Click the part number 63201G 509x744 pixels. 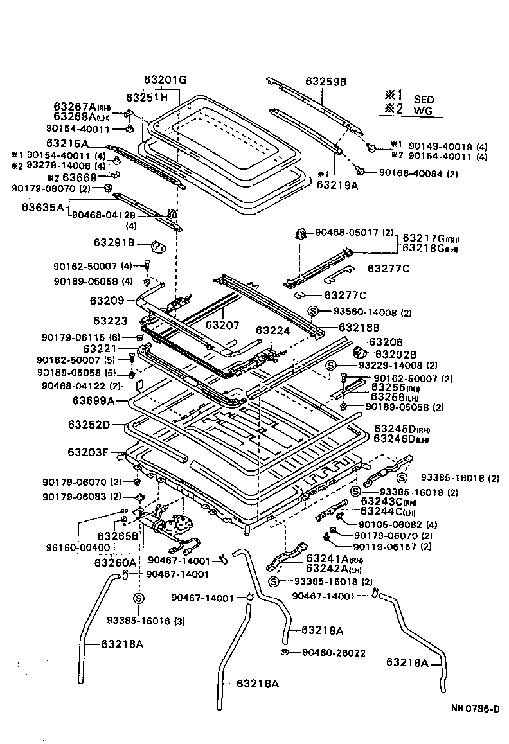[165, 80]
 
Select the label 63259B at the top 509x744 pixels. [326, 82]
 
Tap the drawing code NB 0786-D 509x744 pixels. [474, 709]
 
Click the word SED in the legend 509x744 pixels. [424, 100]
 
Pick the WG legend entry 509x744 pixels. [423, 111]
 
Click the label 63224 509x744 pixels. [273, 331]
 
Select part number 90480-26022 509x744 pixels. [334, 653]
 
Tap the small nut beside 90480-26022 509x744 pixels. [283, 653]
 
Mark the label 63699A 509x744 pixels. [93, 401]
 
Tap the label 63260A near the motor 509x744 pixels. [115, 563]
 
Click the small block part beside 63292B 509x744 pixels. [360, 352]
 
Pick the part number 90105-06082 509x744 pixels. [386, 524]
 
